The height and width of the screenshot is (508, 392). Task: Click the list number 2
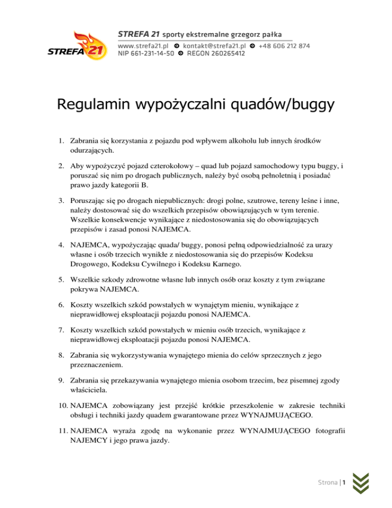60,166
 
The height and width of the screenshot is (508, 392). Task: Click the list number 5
60,281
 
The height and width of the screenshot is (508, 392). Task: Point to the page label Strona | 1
332,482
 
